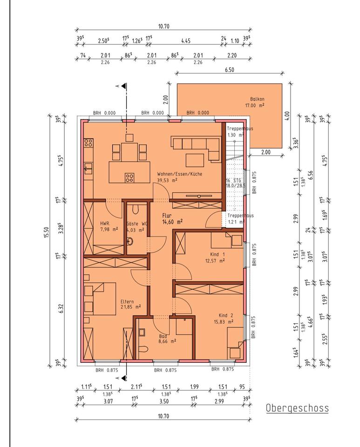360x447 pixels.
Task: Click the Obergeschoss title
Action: pyautogui.click(x=297, y=408)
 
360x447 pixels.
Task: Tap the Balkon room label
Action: pyautogui.click(x=257, y=99)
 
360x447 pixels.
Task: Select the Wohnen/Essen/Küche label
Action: pyautogui.click(x=180, y=174)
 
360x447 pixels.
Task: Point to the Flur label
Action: pyautogui.click(x=167, y=216)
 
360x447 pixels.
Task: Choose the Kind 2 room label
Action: pyautogui.click(x=226, y=315)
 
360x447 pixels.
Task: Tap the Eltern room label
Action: pyautogui.click(x=127, y=302)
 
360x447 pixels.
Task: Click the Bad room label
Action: pyautogui.click(x=163, y=336)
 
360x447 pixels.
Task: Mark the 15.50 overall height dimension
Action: pyautogui.click(x=48, y=232)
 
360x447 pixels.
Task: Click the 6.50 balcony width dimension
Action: pyautogui.click(x=230, y=69)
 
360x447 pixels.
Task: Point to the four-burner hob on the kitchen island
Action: pyautogui.click(x=129, y=177)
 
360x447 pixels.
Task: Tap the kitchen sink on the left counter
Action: pyautogui.click(x=88, y=168)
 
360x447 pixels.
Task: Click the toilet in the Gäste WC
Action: pyautogui.click(x=136, y=209)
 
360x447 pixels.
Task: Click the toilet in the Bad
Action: pyautogui.click(x=143, y=349)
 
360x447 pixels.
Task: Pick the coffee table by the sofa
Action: pyautogui.click(x=195, y=160)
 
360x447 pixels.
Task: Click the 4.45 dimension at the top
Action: pyautogui.click(x=186, y=41)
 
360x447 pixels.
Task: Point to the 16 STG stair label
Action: pyautogui.click(x=233, y=181)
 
